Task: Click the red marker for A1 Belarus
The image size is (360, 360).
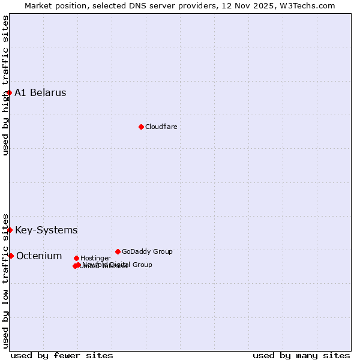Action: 9,92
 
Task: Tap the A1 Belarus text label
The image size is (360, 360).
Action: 40,92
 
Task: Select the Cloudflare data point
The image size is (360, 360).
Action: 141,127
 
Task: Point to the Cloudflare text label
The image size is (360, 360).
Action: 161,127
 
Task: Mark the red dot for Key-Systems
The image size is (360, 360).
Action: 10,230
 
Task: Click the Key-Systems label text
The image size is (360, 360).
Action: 46,230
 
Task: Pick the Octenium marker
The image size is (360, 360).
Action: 11,256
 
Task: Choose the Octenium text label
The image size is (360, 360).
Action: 39,256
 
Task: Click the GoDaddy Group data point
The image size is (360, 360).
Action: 118,251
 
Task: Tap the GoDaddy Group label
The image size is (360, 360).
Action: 147,251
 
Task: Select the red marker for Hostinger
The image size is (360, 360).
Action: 76,258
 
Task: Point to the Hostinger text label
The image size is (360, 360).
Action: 95,258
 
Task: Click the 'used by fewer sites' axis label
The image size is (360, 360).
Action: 62,355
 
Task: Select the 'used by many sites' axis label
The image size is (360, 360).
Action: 301,355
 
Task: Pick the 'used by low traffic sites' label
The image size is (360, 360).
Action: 5,280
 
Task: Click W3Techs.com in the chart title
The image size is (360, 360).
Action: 310,5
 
